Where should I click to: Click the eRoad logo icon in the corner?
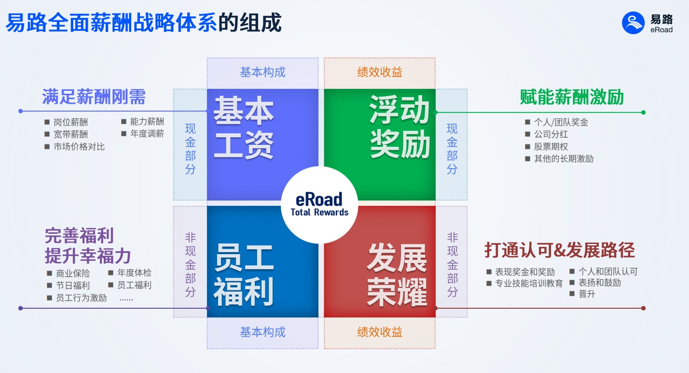pos(633,23)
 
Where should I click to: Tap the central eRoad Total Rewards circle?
pos(319,204)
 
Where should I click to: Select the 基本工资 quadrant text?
pos(243,127)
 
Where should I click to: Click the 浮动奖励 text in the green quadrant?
pos(400,127)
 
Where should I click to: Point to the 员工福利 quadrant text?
pos(243,275)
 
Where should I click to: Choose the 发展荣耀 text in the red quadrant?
pos(397,275)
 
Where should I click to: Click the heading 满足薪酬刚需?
pos(94,97)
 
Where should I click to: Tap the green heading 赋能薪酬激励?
pos(572,97)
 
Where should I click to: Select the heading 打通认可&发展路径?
pos(560,250)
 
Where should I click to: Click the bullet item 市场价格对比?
pos(79,146)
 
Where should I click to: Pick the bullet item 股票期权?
pos(551,146)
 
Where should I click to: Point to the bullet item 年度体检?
pos(134,273)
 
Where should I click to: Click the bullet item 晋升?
pos(587,294)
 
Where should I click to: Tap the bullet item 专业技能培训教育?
pos(529,283)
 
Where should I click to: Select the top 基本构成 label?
pos(262,72)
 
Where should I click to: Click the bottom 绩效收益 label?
pos(380,332)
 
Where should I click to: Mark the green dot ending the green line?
pos(643,113)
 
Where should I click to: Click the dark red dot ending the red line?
pos(643,308)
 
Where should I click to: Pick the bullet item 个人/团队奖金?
pos(561,122)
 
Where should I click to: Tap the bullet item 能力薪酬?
pos(147,121)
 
